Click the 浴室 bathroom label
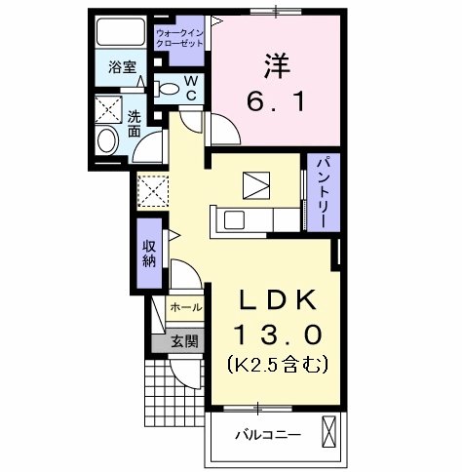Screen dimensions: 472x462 (x=122, y=69)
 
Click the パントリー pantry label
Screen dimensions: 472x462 (x=319, y=192)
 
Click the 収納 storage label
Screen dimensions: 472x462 (x=149, y=253)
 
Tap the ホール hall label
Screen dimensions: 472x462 (x=186, y=307)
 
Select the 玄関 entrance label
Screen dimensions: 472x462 (x=185, y=341)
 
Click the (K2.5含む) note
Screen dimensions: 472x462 (x=277, y=366)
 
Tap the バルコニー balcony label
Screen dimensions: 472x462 (x=266, y=434)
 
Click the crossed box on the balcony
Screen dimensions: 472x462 (x=330, y=431)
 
